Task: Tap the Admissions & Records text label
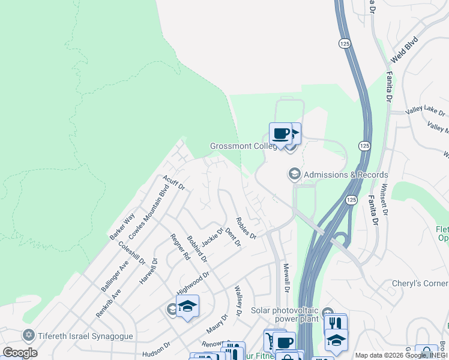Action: pos(346,175)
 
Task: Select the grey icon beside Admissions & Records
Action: pos(294,174)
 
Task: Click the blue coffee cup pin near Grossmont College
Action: pos(280,133)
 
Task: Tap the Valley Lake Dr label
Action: pos(426,112)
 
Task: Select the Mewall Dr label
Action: pos(286,278)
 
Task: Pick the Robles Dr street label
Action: pos(246,227)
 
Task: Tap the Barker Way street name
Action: pos(122,226)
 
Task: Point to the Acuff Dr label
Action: pos(173,183)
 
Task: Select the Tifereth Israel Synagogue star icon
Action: pos(28,334)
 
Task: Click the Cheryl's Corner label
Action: pos(420,283)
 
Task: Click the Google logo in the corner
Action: pos(20,353)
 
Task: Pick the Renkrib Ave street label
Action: pos(108,303)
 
